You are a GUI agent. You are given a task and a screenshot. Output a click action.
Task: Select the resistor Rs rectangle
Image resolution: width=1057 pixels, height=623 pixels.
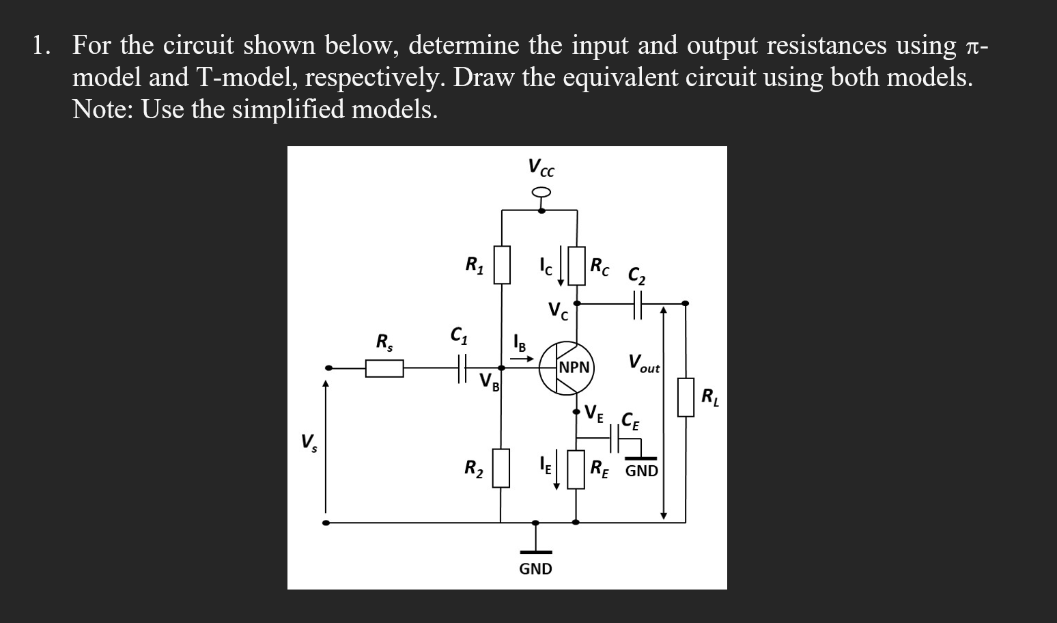[x=384, y=369]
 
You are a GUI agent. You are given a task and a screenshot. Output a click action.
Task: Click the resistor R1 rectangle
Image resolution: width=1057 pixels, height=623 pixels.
[x=503, y=265]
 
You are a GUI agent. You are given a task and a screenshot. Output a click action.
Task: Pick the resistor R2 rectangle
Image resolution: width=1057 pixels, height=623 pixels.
[x=501, y=468]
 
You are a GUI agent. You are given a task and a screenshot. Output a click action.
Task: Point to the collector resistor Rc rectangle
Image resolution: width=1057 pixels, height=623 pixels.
[x=577, y=266]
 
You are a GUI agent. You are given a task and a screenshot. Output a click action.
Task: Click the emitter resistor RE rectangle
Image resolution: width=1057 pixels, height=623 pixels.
[x=576, y=469]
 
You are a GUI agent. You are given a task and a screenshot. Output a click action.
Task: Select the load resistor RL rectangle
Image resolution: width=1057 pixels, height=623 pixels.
[x=686, y=397]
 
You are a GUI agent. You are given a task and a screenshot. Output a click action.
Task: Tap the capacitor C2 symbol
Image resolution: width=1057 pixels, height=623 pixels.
[x=638, y=303]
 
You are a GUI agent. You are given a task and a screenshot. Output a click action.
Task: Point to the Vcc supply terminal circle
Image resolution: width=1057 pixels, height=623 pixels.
[x=541, y=194]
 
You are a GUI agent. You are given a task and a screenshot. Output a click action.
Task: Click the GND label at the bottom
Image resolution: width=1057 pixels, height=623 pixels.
[x=536, y=569]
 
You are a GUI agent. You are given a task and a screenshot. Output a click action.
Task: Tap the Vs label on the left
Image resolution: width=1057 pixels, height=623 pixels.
[x=309, y=443]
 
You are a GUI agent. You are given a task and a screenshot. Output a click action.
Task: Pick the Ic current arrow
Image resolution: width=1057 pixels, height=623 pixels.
[x=561, y=268]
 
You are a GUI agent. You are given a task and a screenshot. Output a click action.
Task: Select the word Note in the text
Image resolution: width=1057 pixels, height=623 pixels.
[x=103, y=109]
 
